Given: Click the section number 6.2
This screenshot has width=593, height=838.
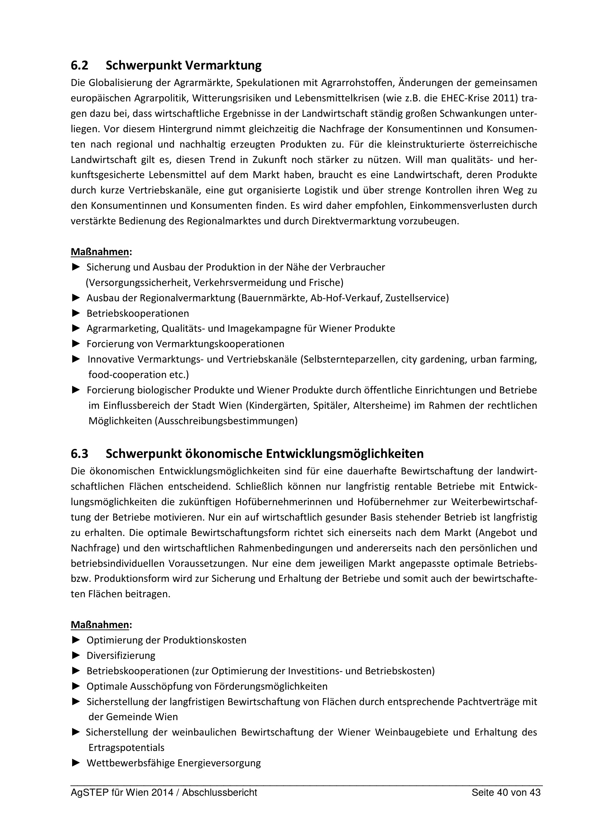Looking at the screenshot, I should pos(79,66).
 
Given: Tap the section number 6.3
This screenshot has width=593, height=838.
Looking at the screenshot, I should pos(79,454).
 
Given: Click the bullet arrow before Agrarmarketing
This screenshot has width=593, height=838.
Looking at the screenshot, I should pos(76,329).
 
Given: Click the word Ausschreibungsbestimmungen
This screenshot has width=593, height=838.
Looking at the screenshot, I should pos(226,421).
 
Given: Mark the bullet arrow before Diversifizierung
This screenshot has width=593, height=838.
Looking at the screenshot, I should pos(76,656).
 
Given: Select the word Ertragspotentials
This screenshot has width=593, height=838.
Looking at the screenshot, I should pos(126,747).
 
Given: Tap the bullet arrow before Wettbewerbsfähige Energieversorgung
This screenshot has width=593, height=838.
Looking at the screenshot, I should pos(76,763).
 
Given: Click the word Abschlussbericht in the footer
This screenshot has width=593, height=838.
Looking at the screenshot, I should pos(220,793).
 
